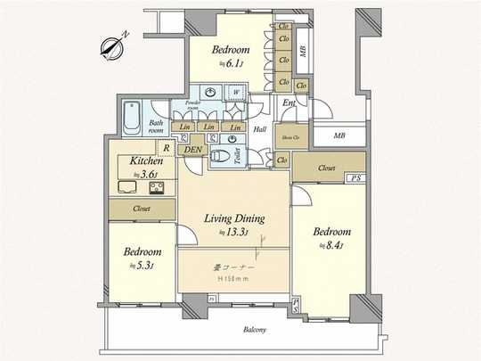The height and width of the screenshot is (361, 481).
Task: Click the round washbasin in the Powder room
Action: [209, 92]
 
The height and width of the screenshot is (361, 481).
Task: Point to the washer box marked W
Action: [236, 92]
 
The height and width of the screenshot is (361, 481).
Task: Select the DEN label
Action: [192, 150]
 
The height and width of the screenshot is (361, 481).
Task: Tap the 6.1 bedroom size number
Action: [231, 64]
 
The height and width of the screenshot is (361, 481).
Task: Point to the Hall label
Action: [260, 129]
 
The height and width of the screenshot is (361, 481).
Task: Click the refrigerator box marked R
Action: [165, 148]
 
